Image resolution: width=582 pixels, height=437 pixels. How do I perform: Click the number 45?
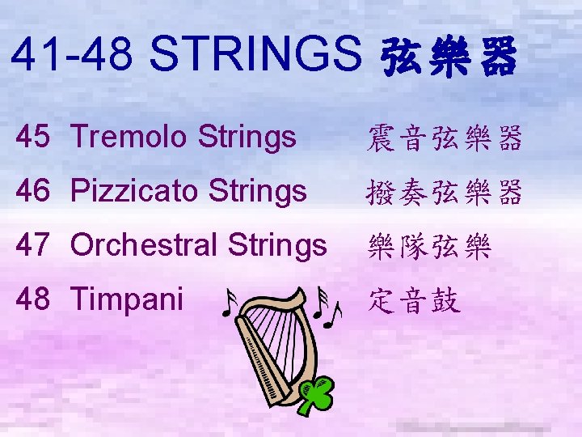(x=35, y=138)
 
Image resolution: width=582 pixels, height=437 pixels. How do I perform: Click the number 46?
(x=35, y=190)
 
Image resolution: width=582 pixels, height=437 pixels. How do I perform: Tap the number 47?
(x=35, y=244)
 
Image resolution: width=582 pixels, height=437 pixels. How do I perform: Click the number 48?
(x=35, y=299)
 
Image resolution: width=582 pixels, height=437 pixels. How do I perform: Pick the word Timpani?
(x=128, y=299)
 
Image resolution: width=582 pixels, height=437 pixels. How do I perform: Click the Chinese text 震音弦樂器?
(x=445, y=138)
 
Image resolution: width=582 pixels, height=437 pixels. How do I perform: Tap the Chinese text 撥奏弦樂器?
(x=445, y=192)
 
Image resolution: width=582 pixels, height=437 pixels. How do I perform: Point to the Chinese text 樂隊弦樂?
(x=429, y=244)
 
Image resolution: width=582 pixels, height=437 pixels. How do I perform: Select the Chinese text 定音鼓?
(x=414, y=300)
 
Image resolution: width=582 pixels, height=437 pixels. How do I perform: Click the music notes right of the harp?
(x=329, y=304)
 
